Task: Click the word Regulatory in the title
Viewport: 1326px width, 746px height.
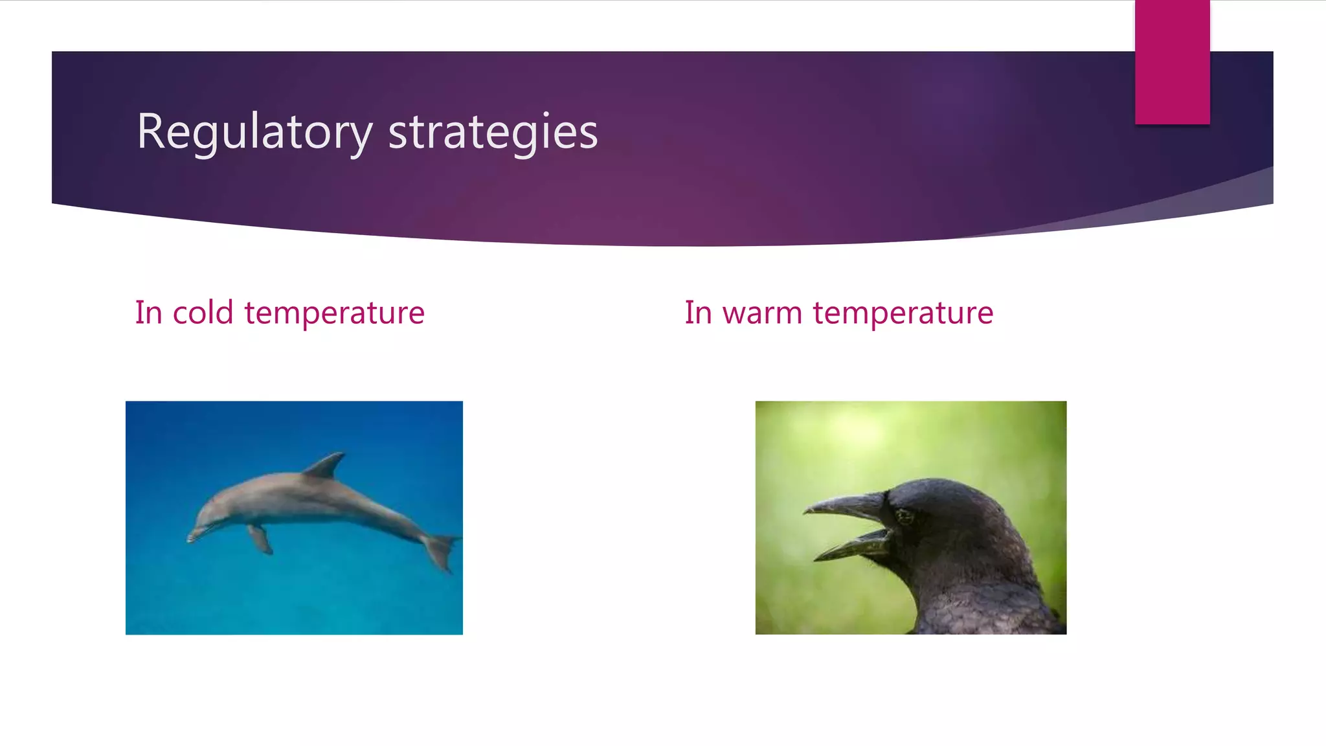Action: pos(254,131)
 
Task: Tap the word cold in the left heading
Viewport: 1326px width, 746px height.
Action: pos(203,313)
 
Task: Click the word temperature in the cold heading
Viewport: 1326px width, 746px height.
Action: pos(334,313)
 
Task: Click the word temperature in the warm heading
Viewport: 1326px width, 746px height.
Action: pos(903,313)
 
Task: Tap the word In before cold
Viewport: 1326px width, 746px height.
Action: pos(148,313)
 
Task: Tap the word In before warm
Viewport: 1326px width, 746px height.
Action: pos(697,313)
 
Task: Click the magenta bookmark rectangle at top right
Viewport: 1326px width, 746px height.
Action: pos(1172,62)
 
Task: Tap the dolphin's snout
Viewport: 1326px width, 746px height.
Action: pos(194,535)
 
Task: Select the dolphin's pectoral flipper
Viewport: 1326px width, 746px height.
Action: pos(260,539)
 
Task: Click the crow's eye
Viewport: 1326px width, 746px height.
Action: pos(905,516)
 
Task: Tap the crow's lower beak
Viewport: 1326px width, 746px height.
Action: pos(855,547)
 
